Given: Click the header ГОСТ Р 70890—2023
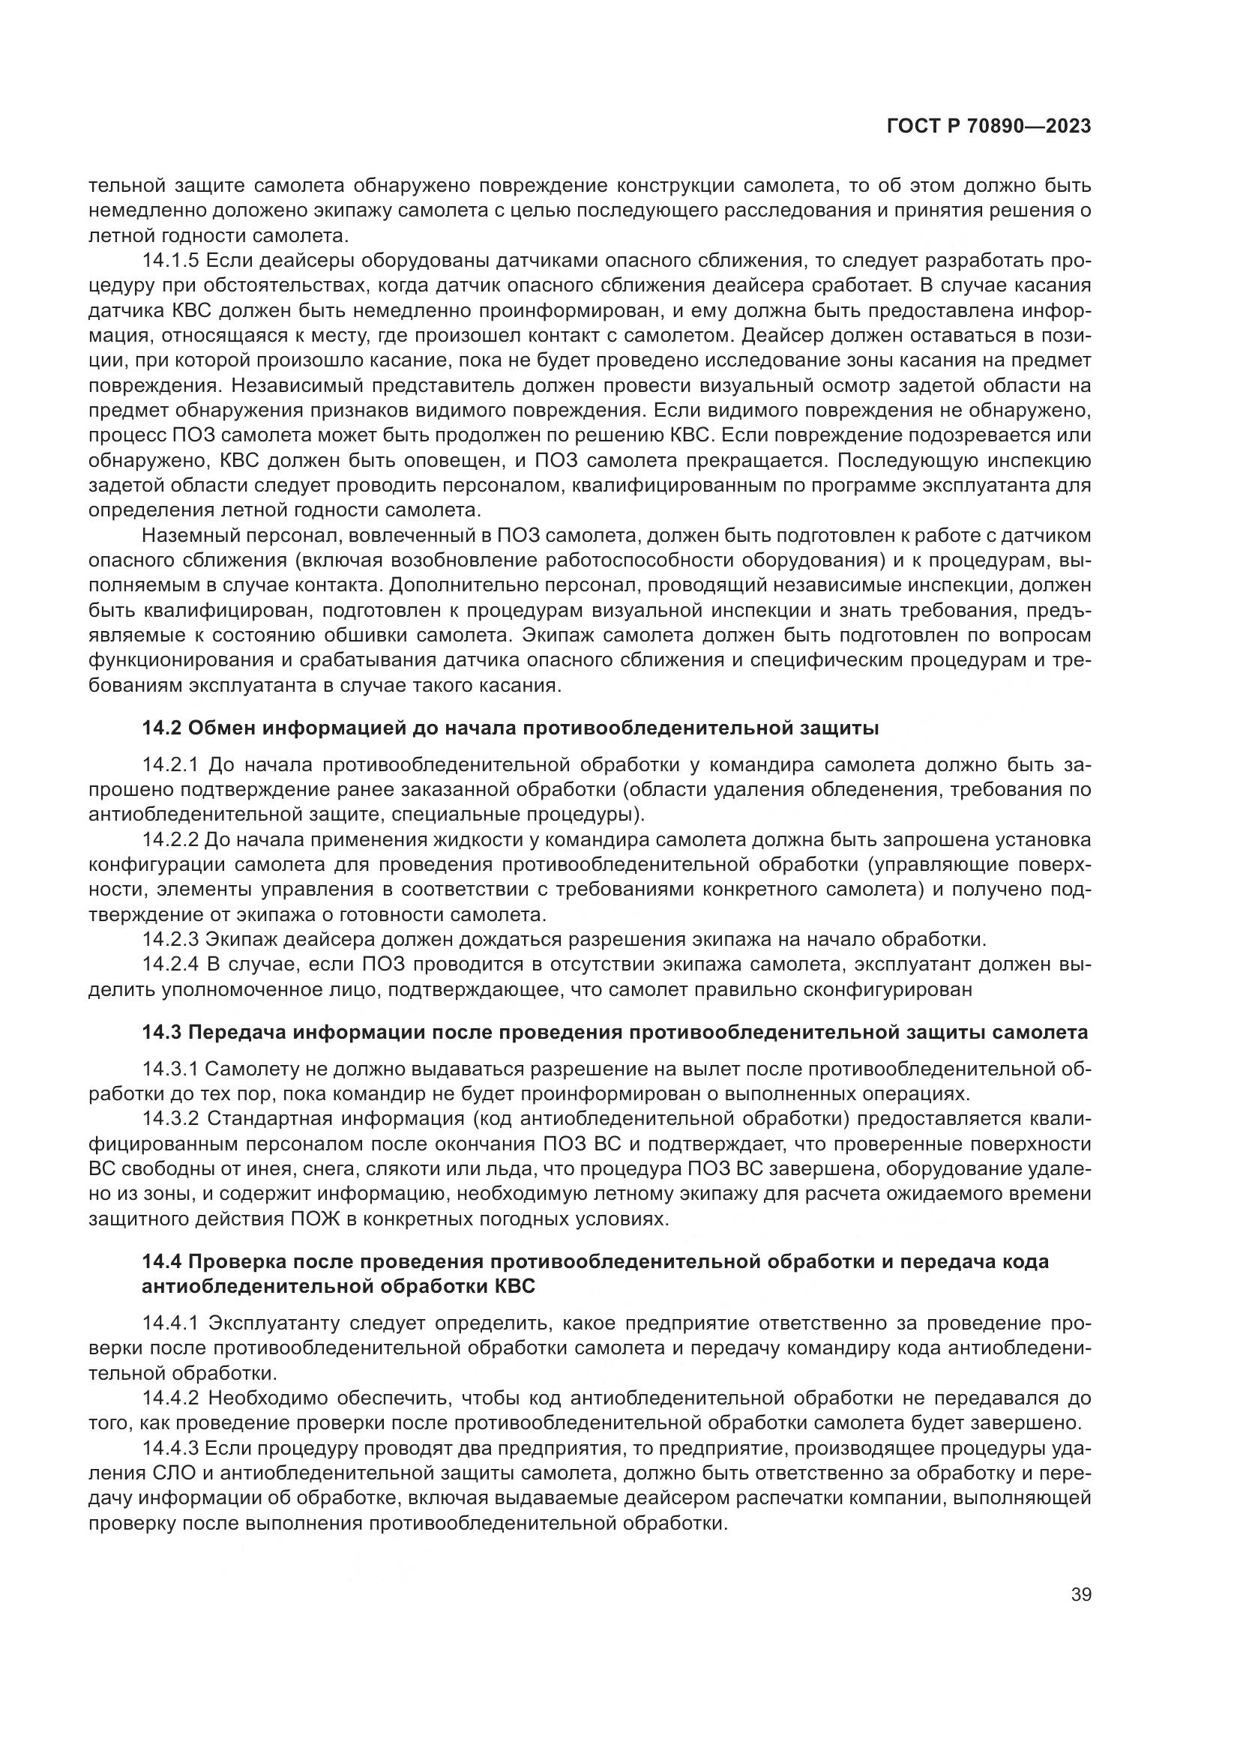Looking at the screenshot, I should tap(989, 127).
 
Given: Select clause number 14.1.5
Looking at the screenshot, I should tap(170, 261).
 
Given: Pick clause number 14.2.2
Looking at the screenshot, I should tap(170, 840).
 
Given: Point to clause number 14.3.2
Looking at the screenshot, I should tap(170, 1119).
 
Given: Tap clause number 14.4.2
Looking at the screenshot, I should tap(170, 1398).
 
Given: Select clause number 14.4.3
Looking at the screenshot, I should tap(170, 1449).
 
